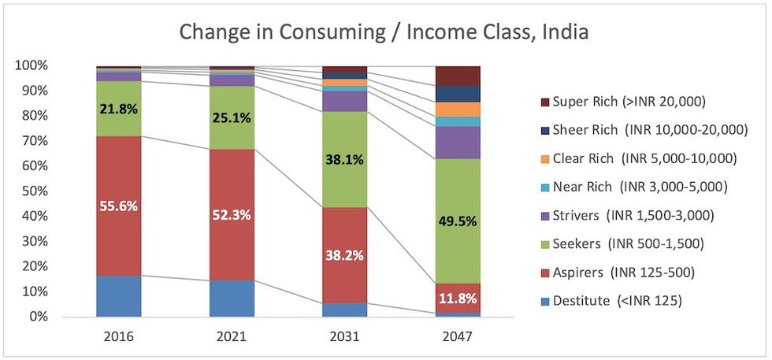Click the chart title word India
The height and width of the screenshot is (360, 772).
(x=564, y=32)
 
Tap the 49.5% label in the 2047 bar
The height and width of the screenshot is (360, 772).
(x=458, y=221)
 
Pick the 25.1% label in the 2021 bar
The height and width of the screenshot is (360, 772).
(x=232, y=118)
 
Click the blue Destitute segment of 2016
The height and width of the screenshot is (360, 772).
(x=118, y=295)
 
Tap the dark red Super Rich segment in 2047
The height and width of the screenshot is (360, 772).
(x=458, y=76)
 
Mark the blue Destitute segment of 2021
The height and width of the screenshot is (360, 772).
(x=232, y=298)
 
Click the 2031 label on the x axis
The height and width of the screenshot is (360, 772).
(x=345, y=336)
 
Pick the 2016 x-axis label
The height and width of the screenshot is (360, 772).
(x=118, y=336)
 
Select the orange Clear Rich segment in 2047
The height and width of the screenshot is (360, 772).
(x=458, y=109)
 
